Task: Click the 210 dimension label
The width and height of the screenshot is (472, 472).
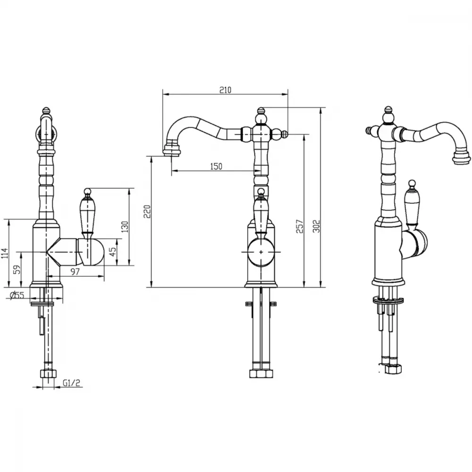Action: pyautogui.click(x=225, y=90)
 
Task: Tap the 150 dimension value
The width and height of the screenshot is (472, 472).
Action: pyautogui.click(x=216, y=166)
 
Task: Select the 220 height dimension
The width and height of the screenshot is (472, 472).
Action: pyautogui.click(x=147, y=211)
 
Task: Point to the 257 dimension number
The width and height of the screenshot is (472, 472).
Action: pyautogui.click(x=300, y=226)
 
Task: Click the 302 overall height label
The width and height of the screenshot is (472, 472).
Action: pyautogui.click(x=316, y=226)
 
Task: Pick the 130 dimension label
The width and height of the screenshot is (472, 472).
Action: pyautogui.click(x=125, y=227)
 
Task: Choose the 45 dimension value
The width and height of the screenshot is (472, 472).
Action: pyautogui.click(x=112, y=252)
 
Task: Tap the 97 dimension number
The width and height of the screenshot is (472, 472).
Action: pyautogui.click(x=75, y=271)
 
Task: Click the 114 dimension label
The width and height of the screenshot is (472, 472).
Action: pyautogui.click(x=5, y=253)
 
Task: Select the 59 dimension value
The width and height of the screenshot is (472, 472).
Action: pyautogui.click(x=18, y=269)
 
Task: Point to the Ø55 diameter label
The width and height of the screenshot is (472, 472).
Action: pyautogui.click(x=17, y=295)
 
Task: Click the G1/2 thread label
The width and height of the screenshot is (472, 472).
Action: pyautogui.click(x=72, y=383)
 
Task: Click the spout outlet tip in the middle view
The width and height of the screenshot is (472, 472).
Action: pyautogui.click(x=172, y=151)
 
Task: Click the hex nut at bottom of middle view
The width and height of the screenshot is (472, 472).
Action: pyautogui.click(x=261, y=373)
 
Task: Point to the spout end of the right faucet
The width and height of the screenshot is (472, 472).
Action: pyautogui.click(x=462, y=158)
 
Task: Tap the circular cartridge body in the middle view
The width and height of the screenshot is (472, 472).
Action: pyautogui.click(x=261, y=252)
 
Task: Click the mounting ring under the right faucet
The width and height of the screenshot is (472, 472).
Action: pyautogui.click(x=388, y=300)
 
